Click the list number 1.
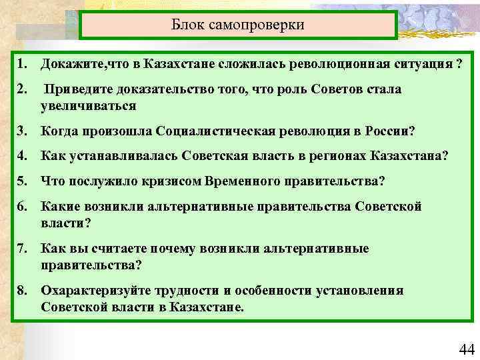pyautogui.click(x=22, y=65)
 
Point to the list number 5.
pyautogui.click(x=22, y=180)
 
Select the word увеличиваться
pyautogui.click(x=88, y=105)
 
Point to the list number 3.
pyautogui.click(x=22, y=131)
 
